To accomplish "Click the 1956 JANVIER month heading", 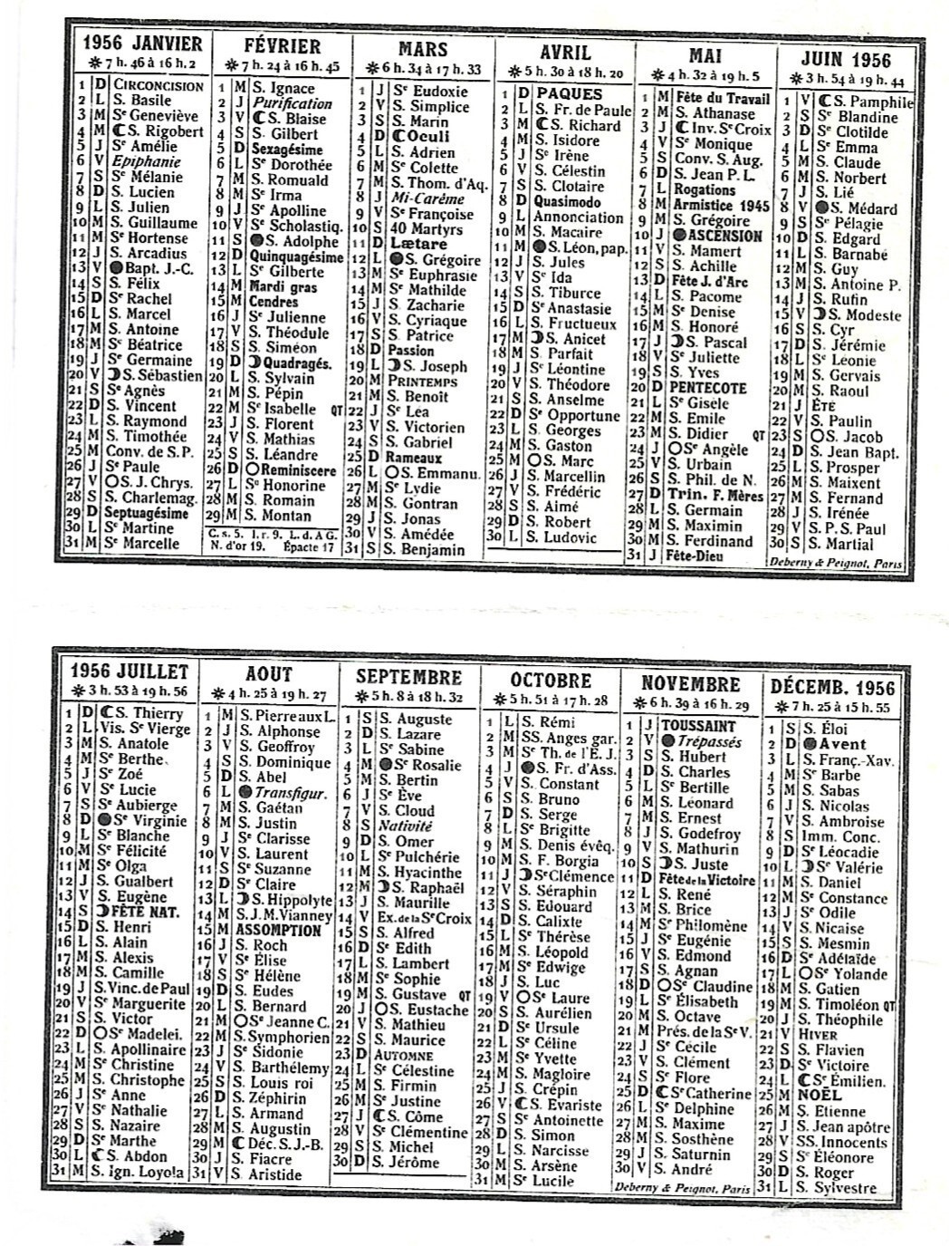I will click(142, 43).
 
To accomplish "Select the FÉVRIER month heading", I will click(282, 46).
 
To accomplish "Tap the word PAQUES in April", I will click(569, 93).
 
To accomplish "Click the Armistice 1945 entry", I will click(722, 206).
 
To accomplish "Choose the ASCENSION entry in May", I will click(724, 236).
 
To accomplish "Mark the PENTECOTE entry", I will click(707, 388).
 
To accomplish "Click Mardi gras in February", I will click(283, 287).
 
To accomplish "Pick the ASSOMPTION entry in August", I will click(279, 930).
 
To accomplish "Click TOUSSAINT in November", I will click(697, 726).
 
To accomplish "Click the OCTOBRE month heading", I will click(551, 681).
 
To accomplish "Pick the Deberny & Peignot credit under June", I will click(835, 563).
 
